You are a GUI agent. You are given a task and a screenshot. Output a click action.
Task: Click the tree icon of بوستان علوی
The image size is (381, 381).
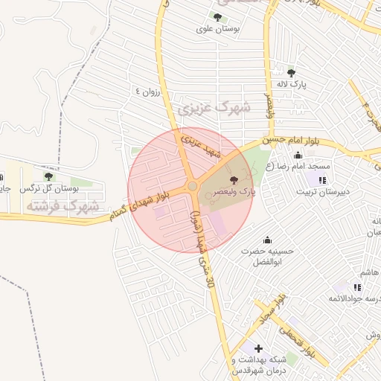(x=217, y=17)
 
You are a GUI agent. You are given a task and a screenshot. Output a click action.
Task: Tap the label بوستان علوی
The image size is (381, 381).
(x=217, y=30)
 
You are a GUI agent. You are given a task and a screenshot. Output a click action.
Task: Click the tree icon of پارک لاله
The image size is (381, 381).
(x=291, y=73)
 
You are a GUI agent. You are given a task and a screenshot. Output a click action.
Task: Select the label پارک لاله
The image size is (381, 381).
(x=291, y=86)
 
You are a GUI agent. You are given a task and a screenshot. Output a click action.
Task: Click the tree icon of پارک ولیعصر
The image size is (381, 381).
(x=234, y=181)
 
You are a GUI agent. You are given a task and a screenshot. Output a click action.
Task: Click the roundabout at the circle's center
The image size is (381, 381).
(x=192, y=186)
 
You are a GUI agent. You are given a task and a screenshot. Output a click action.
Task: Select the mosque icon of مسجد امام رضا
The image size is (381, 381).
(x=298, y=156)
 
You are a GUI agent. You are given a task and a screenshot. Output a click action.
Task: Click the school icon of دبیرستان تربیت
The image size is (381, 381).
(x=322, y=180)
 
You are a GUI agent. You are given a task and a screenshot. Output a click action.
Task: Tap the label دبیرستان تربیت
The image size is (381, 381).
(x=322, y=192)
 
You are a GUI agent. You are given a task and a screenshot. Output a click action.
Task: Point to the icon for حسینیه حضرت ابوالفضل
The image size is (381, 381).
(x=267, y=240)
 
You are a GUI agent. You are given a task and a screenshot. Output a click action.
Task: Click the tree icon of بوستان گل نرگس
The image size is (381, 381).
(x=48, y=176)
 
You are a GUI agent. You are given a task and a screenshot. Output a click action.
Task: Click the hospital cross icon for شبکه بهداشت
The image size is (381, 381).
(x=258, y=348)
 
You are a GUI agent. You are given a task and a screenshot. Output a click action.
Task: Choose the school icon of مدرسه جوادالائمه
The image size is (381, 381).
(x=358, y=287)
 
